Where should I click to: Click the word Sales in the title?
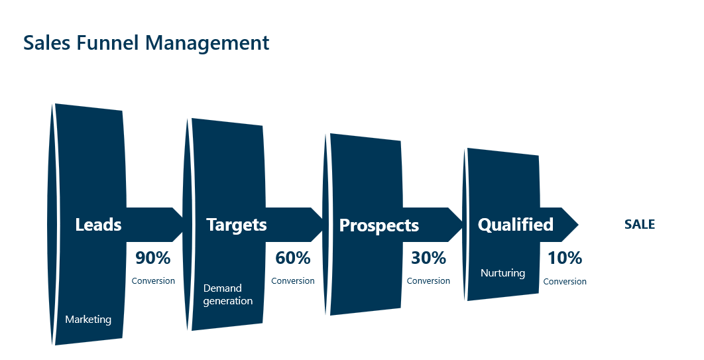pyautogui.click(x=46, y=43)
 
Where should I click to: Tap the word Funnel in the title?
pyautogui.click(x=107, y=43)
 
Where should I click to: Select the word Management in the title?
pyautogui.click(x=207, y=44)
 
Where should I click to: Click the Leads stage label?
pyautogui.click(x=98, y=225)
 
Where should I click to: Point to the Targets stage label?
pyautogui.click(x=237, y=225)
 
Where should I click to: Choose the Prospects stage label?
pyautogui.click(x=379, y=225)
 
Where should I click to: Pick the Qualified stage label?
pyautogui.click(x=516, y=225)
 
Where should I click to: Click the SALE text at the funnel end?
pyautogui.click(x=640, y=225)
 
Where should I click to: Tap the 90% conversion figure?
pyautogui.click(x=153, y=258)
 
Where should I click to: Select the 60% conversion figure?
pyautogui.click(x=293, y=258)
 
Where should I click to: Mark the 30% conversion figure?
pyautogui.click(x=428, y=258)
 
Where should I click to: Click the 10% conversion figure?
pyautogui.click(x=565, y=258)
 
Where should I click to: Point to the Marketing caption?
pyautogui.click(x=88, y=320)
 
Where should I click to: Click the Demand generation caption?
pyautogui.click(x=228, y=294)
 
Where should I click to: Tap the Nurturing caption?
pyautogui.click(x=503, y=273)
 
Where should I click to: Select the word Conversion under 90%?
pyautogui.click(x=153, y=281)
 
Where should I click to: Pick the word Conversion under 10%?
pyautogui.click(x=565, y=282)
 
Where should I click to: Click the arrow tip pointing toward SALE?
pyautogui.click(x=578, y=225)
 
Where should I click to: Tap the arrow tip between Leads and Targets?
pyautogui.click(x=183, y=225)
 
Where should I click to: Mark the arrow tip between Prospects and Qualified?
pyautogui.click(x=462, y=225)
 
